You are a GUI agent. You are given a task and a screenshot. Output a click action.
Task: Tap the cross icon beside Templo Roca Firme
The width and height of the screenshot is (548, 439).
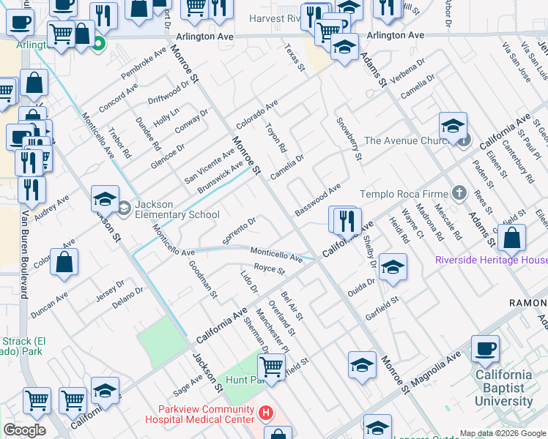pos(459,194)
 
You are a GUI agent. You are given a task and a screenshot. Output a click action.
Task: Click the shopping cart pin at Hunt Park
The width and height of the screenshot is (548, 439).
pos(271,367)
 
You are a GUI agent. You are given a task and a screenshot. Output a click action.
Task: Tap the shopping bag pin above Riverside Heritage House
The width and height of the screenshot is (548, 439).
pos(511,239)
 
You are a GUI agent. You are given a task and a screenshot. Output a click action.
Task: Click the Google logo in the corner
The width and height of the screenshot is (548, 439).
pos(24,430)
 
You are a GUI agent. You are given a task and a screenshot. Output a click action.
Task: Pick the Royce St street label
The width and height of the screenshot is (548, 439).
pos(269,270)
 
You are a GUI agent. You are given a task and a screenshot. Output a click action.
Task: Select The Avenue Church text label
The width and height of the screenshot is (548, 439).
pos(401,140)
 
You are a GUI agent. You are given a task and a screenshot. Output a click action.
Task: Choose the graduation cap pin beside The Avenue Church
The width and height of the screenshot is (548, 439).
pos(453,126)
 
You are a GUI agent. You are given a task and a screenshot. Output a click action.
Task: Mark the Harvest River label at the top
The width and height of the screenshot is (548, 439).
pos(275,18)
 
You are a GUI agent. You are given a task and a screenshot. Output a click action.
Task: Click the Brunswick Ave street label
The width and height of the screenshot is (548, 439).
pos(221,177)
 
